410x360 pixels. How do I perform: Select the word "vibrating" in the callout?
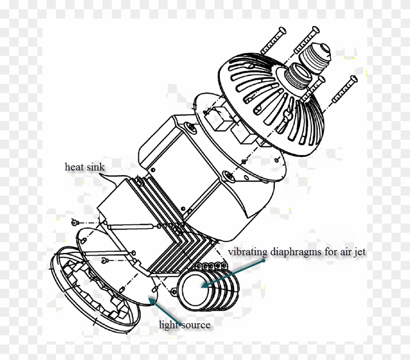[247, 252]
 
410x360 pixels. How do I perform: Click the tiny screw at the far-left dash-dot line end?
[75, 220]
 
